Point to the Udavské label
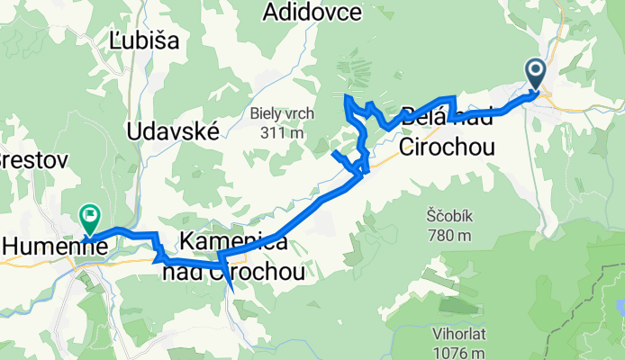click(x=174, y=131)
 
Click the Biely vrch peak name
click(x=279, y=114)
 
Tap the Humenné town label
click(x=43, y=244)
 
